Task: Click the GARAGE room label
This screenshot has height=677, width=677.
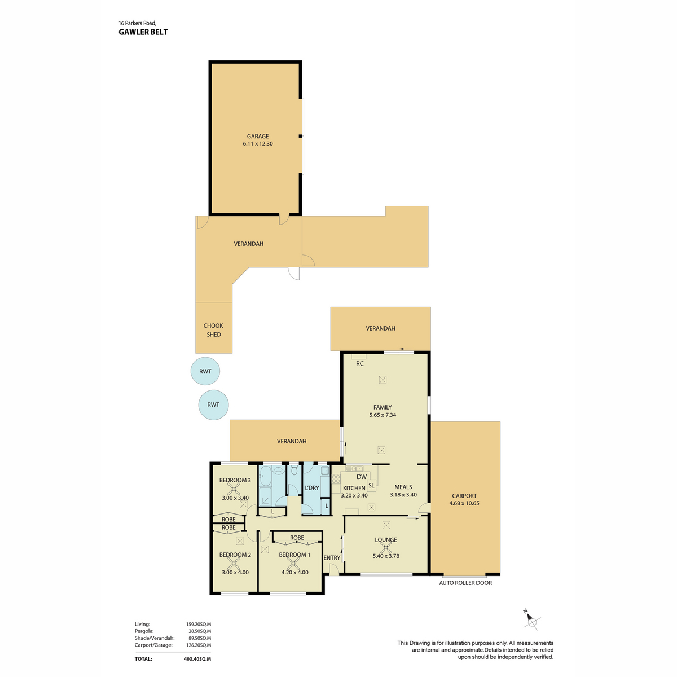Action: [257, 136]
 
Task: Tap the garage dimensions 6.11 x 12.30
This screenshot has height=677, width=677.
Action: [257, 143]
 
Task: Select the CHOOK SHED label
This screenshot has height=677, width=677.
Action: [213, 330]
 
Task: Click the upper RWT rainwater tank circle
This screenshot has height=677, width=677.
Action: [205, 371]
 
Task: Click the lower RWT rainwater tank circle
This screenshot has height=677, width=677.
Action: [213, 405]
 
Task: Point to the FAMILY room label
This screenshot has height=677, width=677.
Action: [383, 407]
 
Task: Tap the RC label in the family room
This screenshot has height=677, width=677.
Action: [359, 364]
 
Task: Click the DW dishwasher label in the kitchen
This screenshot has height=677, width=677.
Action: [362, 477]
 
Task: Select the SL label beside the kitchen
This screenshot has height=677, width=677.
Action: [371, 486]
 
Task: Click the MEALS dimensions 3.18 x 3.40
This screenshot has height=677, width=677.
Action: [403, 495]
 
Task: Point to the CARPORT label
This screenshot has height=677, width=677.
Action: [464, 496]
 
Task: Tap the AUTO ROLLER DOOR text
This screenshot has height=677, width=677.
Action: [465, 583]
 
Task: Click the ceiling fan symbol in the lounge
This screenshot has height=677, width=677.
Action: [386, 548]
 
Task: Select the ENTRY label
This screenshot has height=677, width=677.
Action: [332, 557]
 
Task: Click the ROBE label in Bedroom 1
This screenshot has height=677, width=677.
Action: [297, 538]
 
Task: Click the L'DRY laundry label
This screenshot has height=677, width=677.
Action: [312, 487]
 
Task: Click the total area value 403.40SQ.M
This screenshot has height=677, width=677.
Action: [197, 659]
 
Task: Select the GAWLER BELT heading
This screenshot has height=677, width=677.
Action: [143, 32]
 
